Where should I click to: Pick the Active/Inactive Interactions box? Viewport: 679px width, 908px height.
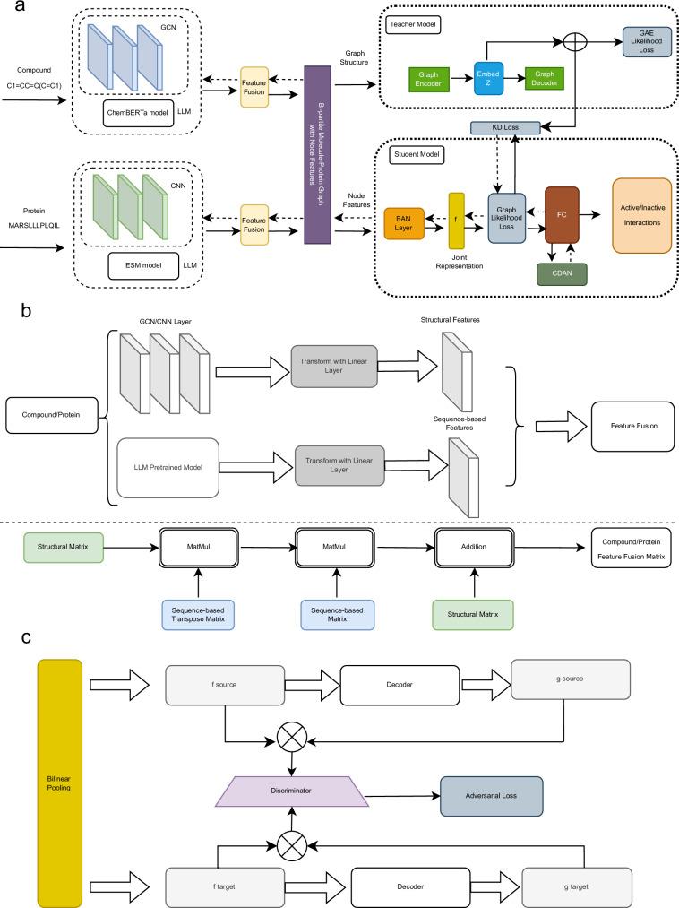coord(641,214)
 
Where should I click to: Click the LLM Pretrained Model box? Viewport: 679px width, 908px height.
coord(169,466)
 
